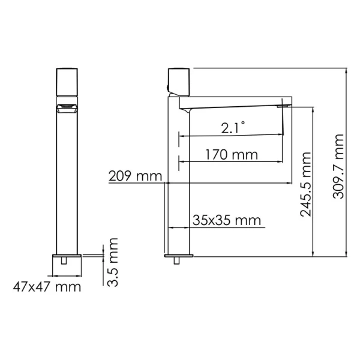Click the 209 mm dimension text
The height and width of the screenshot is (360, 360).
[x=135, y=176]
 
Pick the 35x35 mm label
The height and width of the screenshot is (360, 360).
[x=227, y=220]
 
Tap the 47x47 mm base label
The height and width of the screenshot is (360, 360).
[x=47, y=286]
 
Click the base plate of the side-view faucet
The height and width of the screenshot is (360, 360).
[x=178, y=255]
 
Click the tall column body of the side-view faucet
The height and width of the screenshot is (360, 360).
[x=178, y=180]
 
